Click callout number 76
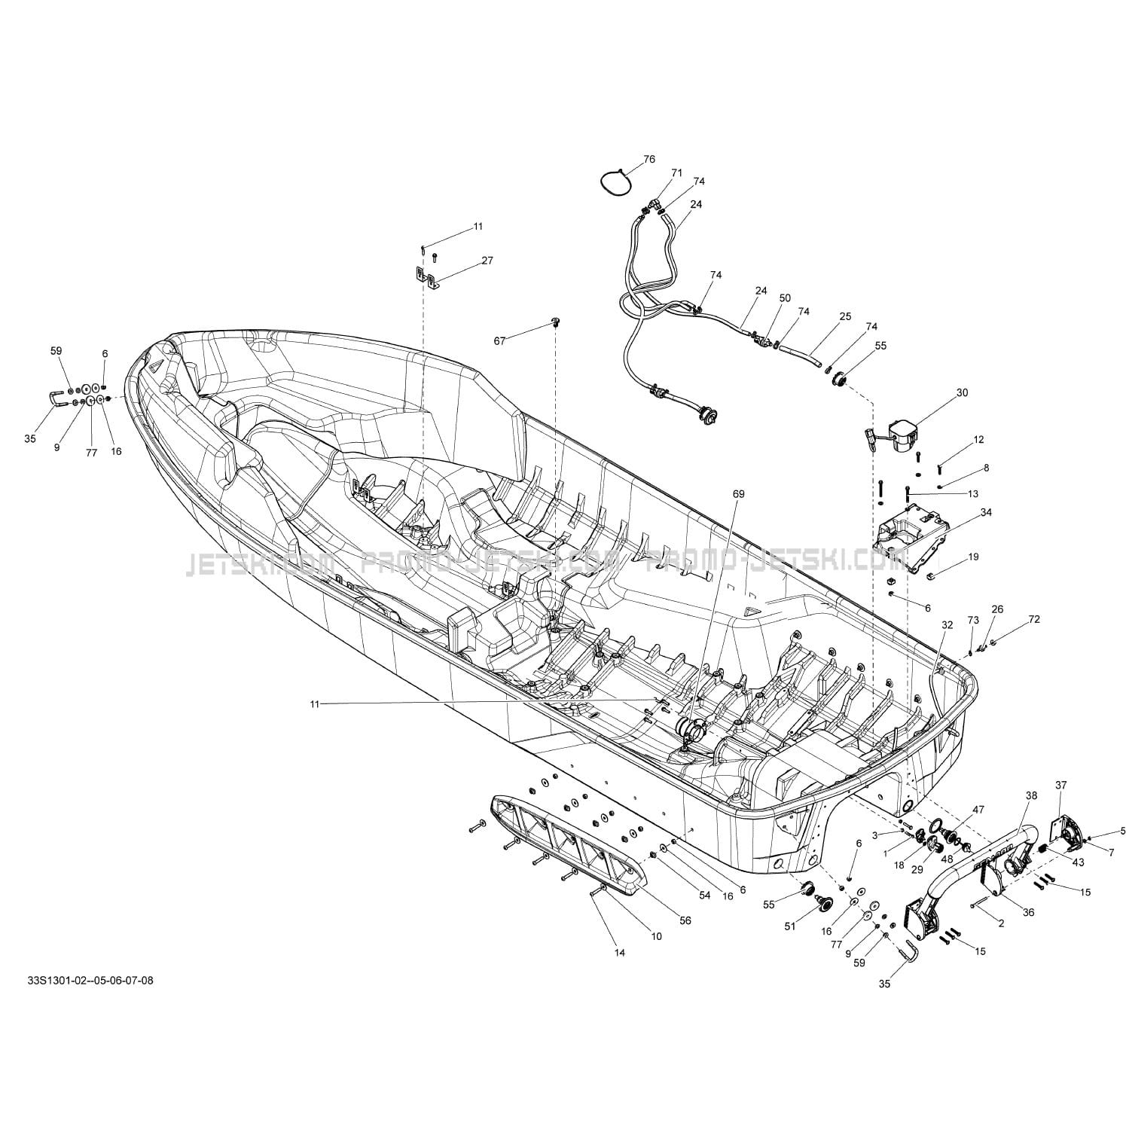point(648,160)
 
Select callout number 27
point(487,261)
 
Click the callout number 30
point(962,392)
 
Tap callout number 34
point(986,512)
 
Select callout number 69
point(738,494)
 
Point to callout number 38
point(1031,795)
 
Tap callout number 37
point(1060,786)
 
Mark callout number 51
point(790,926)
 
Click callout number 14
point(619,953)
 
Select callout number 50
point(785,298)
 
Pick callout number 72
point(1033,619)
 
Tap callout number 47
point(978,810)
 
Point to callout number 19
point(974,557)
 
